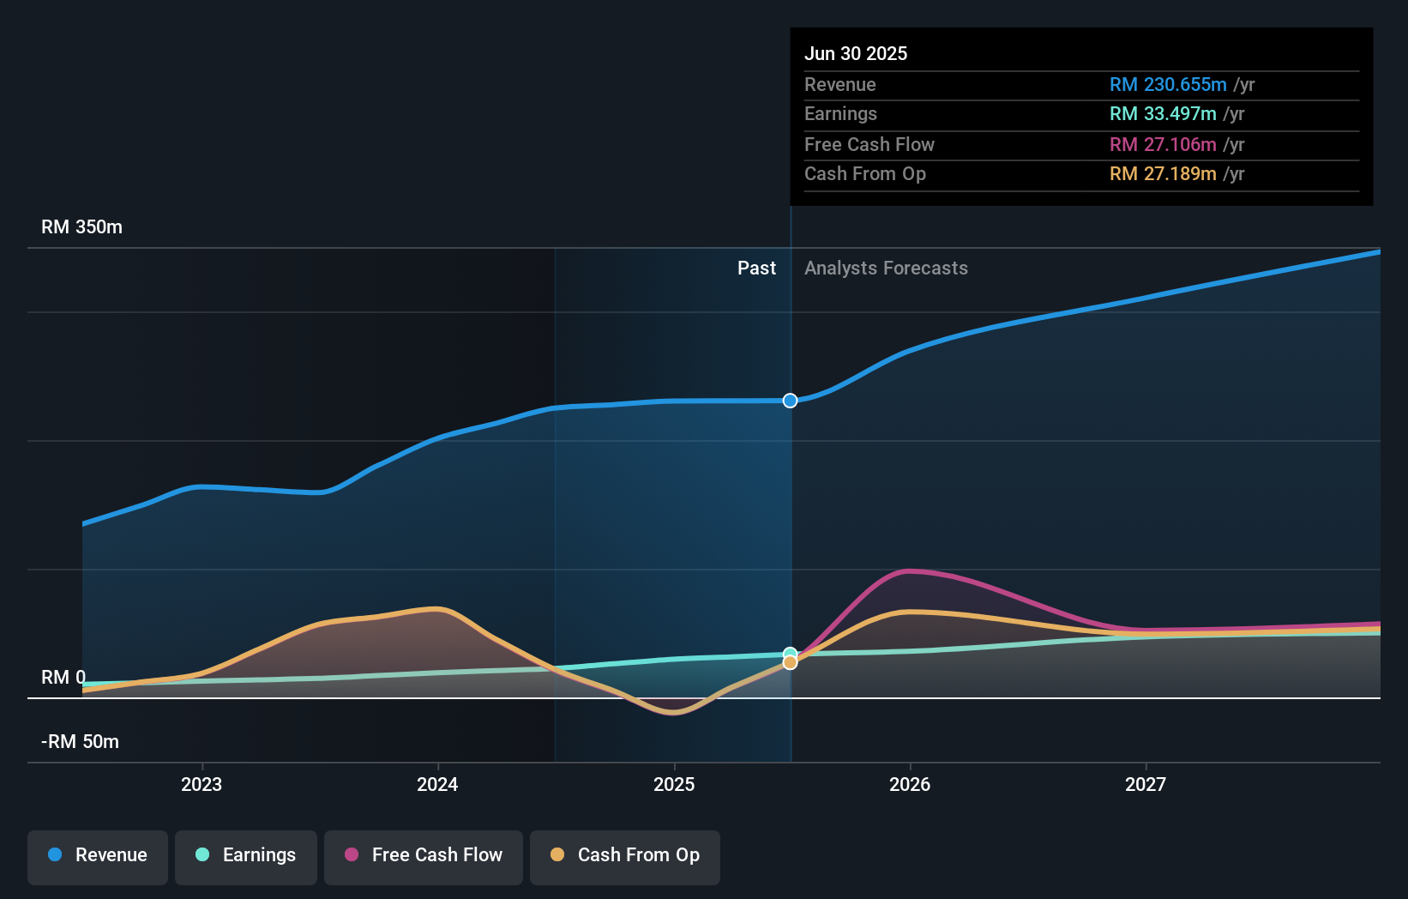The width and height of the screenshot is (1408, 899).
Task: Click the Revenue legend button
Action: click(98, 855)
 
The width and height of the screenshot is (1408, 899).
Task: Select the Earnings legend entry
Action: click(246, 855)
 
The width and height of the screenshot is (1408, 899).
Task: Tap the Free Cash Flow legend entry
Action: click(424, 855)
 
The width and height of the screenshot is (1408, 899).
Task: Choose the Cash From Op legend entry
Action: click(625, 855)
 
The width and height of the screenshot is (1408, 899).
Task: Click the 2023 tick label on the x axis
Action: click(202, 784)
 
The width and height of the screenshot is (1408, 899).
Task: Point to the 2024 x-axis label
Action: click(437, 784)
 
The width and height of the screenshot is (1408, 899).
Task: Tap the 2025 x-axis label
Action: click(674, 784)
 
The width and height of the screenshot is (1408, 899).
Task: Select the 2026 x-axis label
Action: click(910, 784)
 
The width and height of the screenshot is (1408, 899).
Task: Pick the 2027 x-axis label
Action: click(1146, 784)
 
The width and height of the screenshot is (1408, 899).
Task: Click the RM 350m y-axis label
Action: click(82, 227)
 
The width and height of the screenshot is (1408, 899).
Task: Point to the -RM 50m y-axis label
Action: click(81, 742)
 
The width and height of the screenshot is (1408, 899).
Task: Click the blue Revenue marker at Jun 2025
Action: click(790, 401)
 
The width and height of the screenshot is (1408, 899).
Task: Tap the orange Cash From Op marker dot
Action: click(790, 662)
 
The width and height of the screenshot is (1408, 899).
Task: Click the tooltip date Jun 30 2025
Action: click(856, 53)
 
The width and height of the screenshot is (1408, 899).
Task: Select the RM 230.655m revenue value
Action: click(1168, 84)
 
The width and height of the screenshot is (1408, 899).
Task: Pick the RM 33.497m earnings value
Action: click(1163, 114)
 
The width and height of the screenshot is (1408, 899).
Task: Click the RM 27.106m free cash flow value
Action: click(1163, 144)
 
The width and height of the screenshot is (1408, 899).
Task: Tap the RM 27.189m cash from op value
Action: click(1163, 174)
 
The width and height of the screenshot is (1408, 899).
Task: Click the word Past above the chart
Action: click(756, 268)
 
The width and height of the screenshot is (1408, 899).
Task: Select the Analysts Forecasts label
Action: click(886, 268)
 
